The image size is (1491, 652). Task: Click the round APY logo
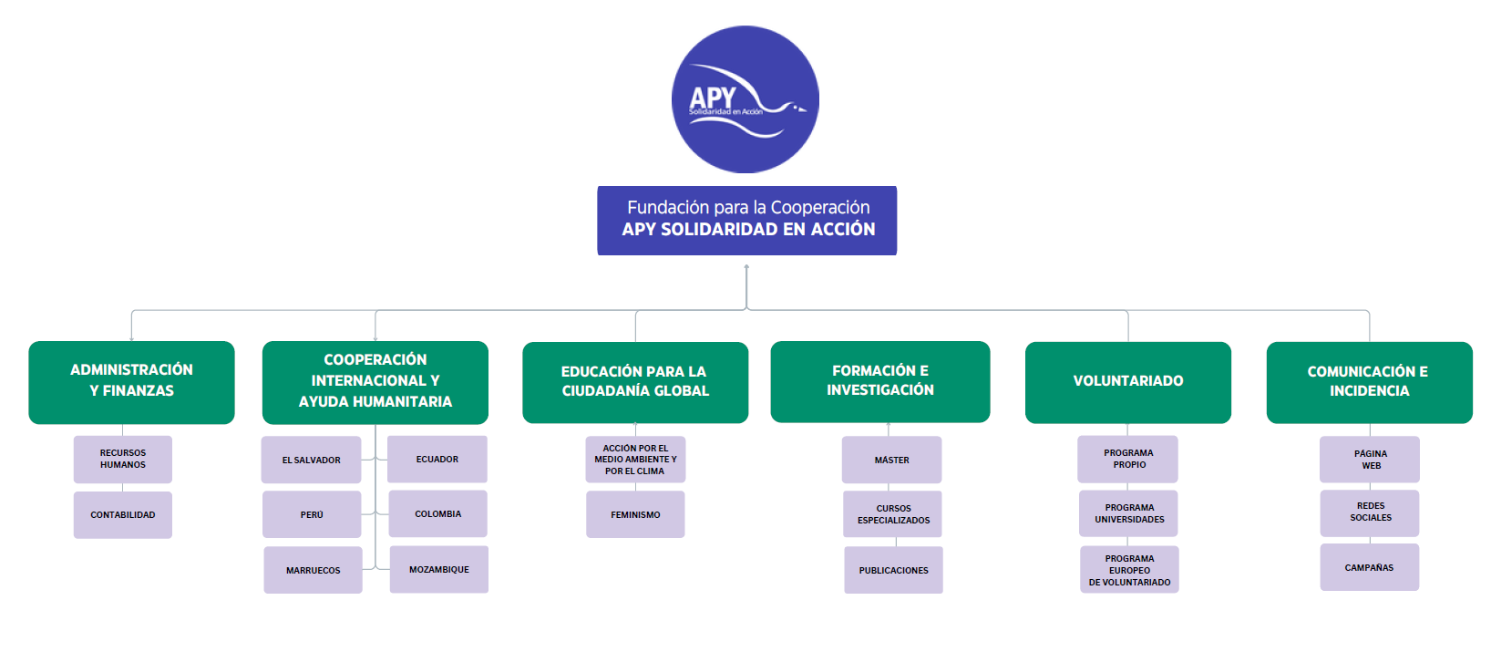pyautogui.click(x=745, y=99)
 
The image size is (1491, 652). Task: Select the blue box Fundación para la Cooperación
pyautogui.click(x=746, y=221)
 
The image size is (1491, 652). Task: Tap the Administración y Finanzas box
pyautogui.click(x=132, y=382)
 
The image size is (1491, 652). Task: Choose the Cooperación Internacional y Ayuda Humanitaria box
pyautogui.click(x=375, y=382)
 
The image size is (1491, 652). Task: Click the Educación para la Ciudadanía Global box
pyautogui.click(x=635, y=382)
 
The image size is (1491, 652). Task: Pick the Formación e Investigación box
pyautogui.click(x=880, y=381)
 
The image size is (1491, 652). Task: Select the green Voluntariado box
pyautogui.click(x=1128, y=382)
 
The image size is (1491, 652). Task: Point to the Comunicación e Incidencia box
pyautogui.click(x=1370, y=382)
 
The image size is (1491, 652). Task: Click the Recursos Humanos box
pyautogui.click(x=123, y=460)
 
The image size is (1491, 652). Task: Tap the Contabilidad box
pyautogui.click(x=123, y=515)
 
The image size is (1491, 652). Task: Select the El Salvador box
pyautogui.click(x=312, y=460)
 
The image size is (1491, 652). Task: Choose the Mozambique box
pyautogui.click(x=439, y=569)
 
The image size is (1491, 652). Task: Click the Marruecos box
pyautogui.click(x=314, y=570)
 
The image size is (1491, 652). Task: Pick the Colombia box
pyautogui.click(x=438, y=513)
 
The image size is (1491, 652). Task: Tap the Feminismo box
pyautogui.click(x=635, y=514)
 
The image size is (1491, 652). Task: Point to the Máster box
pyautogui.click(x=892, y=460)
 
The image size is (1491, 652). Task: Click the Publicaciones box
pyautogui.click(x=894, y=570)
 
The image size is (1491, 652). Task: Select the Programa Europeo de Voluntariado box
pyautogui.click(x=1129, y=569)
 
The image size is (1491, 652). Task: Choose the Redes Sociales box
pyautogui.click(x=1370, y=513)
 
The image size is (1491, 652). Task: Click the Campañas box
pyautogui.click(x=1370, y=567)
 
